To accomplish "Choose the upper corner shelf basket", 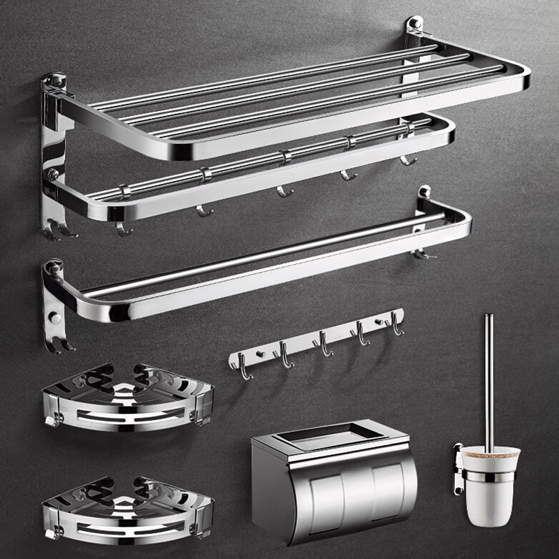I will pyautogui.click(x=126, y=398).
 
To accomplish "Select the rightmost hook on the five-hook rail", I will pyautogui.click(x=398, y=324).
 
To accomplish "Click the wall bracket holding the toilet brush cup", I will pyautogui.click(x=458, y=468).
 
